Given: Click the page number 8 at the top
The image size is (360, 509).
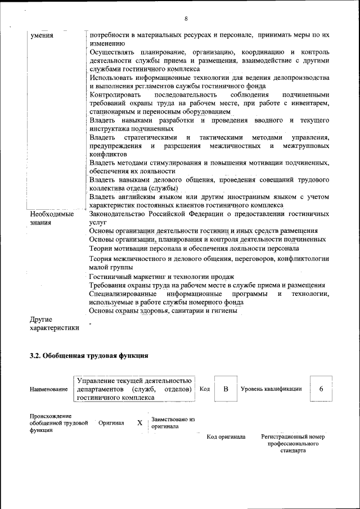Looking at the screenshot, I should pos(186,19).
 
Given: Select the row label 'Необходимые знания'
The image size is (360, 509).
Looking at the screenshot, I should pos(52,218).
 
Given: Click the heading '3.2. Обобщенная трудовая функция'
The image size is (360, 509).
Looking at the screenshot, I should pos(89,355).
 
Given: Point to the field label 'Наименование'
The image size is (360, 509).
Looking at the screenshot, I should pos(49,389).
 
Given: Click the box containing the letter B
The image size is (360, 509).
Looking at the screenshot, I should pos(226,389).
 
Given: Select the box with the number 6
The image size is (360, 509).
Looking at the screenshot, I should pos(321,389).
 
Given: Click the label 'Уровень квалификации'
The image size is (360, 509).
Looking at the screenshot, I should pos(271,389).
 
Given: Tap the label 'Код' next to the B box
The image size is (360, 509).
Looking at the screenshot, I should pos(205,389).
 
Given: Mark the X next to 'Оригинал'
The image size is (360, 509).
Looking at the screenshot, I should pos(139,423).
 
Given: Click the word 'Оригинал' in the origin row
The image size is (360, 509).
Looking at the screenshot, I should pos(111,423).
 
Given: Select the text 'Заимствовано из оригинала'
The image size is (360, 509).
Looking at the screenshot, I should pos(173,423).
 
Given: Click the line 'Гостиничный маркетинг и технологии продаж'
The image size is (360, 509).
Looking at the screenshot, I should pos(161,277).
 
